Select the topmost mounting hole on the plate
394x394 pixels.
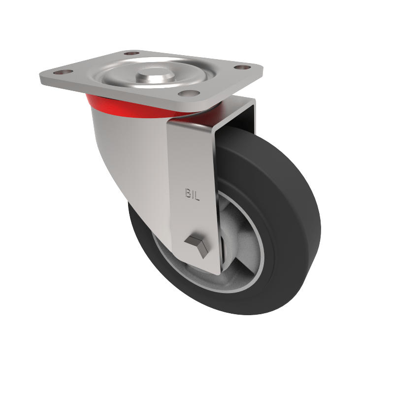click(x=130, y=53)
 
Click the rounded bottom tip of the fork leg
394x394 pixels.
click(x=207, y=270)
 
